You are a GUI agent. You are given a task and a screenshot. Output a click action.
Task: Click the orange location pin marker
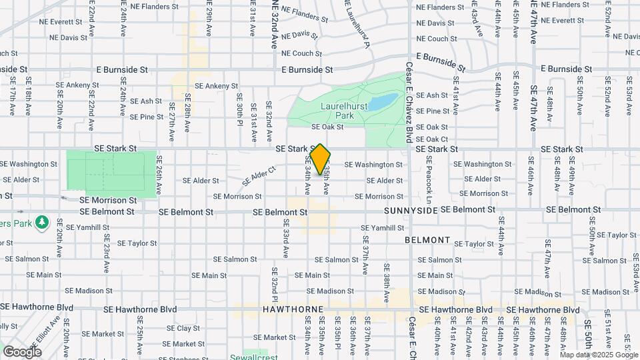[321, 159]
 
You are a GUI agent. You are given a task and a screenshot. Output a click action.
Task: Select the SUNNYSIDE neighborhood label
[411, 211]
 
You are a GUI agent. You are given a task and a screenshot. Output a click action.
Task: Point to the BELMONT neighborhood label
[427, 239]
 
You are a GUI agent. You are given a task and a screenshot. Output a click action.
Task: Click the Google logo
[22, 351]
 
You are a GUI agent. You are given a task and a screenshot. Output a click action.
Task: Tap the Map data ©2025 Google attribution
[598, 355]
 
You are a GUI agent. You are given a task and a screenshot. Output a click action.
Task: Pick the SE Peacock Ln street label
[429, 181]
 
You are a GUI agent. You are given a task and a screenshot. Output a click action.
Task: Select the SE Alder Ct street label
[259, 176]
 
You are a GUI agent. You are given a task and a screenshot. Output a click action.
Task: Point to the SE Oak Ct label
[431, 139]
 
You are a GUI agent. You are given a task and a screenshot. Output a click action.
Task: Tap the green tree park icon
[43, 221]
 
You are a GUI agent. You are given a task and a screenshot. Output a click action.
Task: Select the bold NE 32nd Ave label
[273, 24]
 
